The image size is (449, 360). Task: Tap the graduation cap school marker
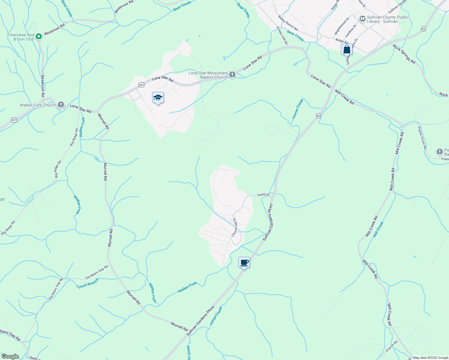pyautogui.click(x=158, y=98)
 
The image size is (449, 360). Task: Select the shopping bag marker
pyautogui.click(x=347, y=49)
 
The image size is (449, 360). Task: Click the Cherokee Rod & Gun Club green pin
pyautogui.click(x=39, y=37)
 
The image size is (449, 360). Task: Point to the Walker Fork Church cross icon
pyautogui.click(x=61, y=105)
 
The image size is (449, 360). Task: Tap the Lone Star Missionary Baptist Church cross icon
pyautogui.click(x=232, y=75)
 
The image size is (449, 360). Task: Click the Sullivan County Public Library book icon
pyautogui.click(x=362, y=19)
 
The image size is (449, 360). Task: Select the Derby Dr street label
pyautogui.click(x=264, y=195)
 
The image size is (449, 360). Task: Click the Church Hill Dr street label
pyautogui.click(x=235, y=228)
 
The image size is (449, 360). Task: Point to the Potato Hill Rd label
pyautogui.click(x=282, y=35)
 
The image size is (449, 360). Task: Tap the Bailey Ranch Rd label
pyautogui.click(x=288, y=23)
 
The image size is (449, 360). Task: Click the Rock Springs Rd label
pyautogui.click(x=404, y=54)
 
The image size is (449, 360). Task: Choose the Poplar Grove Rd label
pyautogui.click(x=422, y=138)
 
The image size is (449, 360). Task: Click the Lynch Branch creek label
pyautogui.click(x=88, y=284)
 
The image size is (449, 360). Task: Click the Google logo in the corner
pyautogui.click(x=10, y=356)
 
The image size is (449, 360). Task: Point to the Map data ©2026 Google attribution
pyautogui.click(x=430, y=358)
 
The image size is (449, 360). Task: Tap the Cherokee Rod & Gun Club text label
pyautogui.click(x=21, y=37)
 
